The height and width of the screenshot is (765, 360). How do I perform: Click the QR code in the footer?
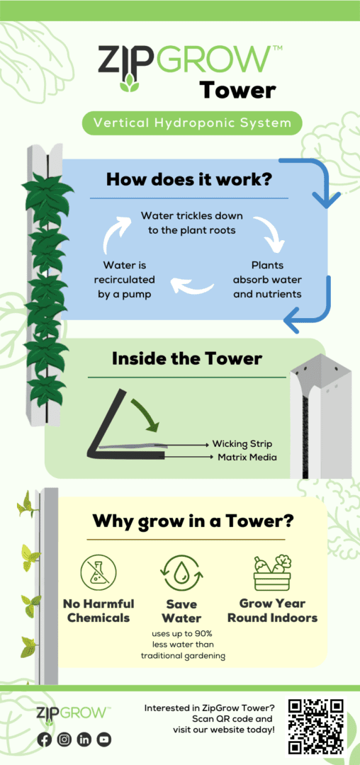click(x=317, y=725)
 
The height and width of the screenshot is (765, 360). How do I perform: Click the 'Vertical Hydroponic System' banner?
click(x=192, y=123)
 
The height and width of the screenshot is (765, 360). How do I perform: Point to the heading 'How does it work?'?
click(x=189, y=179)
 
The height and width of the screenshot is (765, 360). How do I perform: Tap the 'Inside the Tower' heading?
click(x=187, y=359)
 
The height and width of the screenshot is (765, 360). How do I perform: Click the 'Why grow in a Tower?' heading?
click(x=193, y=521)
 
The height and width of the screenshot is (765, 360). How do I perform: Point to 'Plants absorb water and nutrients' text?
click(x=268, y=280)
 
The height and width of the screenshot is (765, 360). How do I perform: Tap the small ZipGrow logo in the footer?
click(x=73, y=713)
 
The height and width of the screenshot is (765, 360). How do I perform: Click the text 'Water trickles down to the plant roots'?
click(x=192, y=222)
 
